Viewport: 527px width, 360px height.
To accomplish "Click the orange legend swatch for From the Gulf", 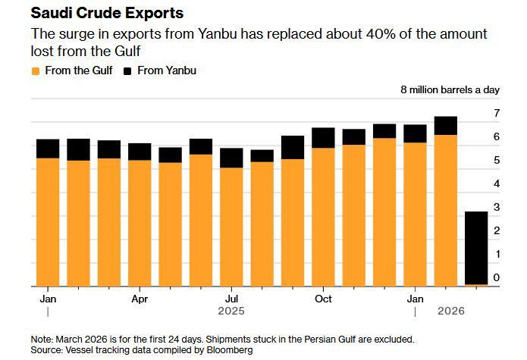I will point(35,71).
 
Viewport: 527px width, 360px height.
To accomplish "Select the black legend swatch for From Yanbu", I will point(127,71).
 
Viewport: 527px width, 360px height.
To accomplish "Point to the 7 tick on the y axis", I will point(497,113).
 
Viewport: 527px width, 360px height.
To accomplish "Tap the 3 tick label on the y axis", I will point(497,207).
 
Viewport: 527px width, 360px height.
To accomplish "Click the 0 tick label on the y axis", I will point(497,277).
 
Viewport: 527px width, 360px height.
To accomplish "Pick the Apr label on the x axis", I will point(140,299).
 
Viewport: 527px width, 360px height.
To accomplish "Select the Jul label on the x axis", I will point(231,299).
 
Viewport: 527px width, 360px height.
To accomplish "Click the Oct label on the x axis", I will point(323,299).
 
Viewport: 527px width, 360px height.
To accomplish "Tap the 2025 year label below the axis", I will point(231,311).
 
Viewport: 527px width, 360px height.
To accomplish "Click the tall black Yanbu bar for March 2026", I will point(476,247).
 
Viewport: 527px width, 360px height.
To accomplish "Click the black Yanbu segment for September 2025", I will point(293,147).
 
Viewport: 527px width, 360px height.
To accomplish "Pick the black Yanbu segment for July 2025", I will point(231,158).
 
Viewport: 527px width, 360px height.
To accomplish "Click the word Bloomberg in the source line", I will point(227,351).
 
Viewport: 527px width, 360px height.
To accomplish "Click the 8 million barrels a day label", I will point(450,89).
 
